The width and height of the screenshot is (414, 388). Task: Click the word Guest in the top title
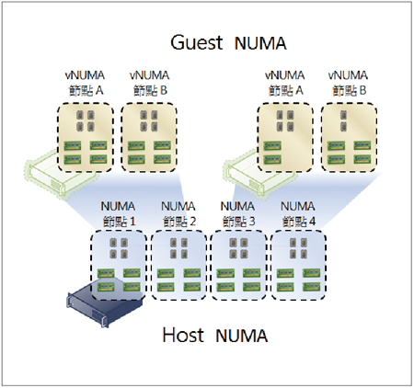pos(197,42)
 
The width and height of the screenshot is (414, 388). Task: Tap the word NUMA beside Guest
pos(260,43)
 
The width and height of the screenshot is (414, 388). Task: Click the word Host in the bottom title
pos(183,335)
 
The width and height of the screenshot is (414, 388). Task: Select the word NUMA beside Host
pos(241,336)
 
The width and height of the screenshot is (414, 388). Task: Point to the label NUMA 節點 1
pos(118,213)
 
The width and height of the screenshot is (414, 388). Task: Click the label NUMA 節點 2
pos(178,213)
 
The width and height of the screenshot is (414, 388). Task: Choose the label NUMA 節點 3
pos(238,213)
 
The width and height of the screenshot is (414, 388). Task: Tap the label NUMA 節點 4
pos(298,213)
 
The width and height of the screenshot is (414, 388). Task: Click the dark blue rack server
pos(105,305)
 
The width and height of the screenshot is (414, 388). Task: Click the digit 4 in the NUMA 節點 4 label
pos(312,222)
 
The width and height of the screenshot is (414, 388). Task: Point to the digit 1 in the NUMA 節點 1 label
pos(132,222)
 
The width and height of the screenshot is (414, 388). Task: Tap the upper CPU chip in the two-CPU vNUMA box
pos(343,115)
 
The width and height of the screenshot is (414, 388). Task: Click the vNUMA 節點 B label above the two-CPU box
pos(349,83)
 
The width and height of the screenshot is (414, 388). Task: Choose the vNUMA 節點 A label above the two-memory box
pos(285,83)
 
